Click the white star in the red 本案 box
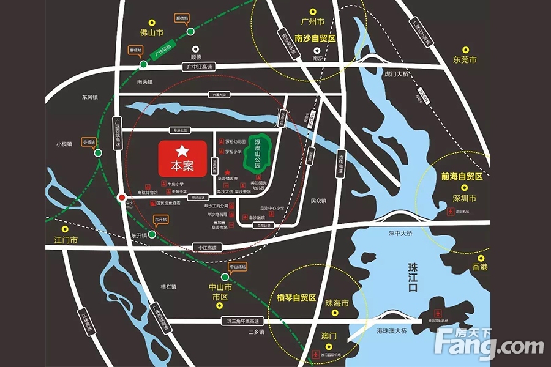pos(182,150)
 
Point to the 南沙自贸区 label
pos(316,39)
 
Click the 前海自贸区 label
pos(462,176)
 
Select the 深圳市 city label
pos(465,199)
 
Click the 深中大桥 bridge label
pos(400,233)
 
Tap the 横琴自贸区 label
pos(296,298)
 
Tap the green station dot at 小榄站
pos(98,154)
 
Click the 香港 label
pos(479,267)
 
